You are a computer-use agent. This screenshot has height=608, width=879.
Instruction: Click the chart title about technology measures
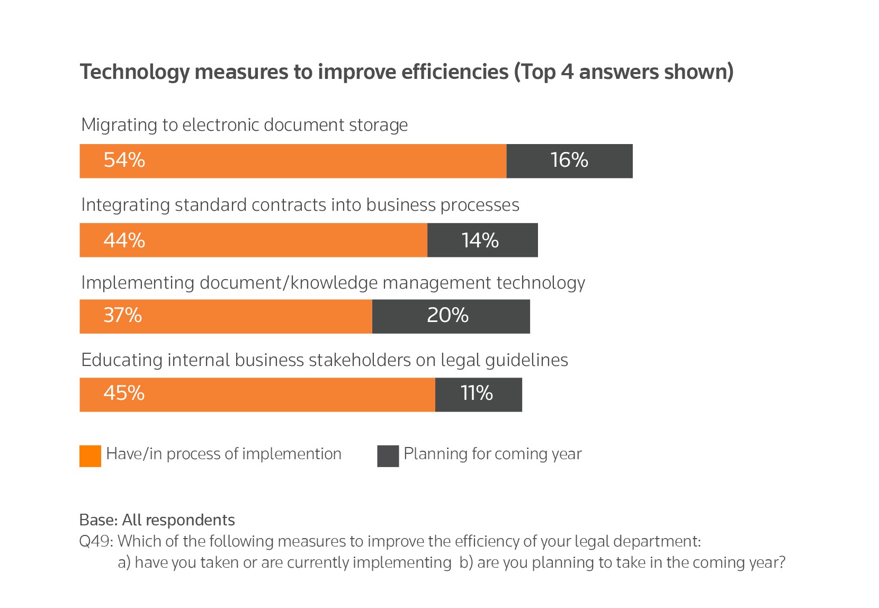point(406,72)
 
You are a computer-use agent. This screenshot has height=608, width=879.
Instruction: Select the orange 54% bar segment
point(293,160)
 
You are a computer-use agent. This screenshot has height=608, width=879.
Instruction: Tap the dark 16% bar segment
point(569,160)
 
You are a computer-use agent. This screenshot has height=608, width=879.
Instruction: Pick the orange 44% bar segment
point(253,240)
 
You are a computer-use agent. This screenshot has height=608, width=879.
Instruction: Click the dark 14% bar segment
point(482,240)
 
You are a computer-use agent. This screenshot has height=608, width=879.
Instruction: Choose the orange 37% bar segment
point(226,316)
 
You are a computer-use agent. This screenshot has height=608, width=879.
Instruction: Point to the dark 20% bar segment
point(451,316)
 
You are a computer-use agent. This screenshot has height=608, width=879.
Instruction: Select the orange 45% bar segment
point(257,395)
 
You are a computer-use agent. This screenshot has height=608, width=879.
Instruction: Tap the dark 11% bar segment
point(478,395)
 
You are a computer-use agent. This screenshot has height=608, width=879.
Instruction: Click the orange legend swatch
point(90,456)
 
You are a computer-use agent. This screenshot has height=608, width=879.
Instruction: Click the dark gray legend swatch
point(388,456)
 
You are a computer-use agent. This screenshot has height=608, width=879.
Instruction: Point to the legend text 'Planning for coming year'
point(492,454)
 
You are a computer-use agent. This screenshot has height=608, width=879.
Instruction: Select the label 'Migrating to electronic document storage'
point(244,126)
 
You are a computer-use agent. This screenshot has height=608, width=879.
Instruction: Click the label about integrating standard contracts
point(300,205)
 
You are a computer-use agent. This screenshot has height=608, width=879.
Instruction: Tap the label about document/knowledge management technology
point(333,283)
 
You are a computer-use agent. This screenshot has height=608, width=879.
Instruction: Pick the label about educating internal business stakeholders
point(324,360)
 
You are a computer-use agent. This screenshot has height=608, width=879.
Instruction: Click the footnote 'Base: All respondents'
point(157,520)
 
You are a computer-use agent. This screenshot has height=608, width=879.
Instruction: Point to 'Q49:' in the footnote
point(96,541)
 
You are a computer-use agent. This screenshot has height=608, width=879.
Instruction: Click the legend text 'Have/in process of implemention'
point(223,454)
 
